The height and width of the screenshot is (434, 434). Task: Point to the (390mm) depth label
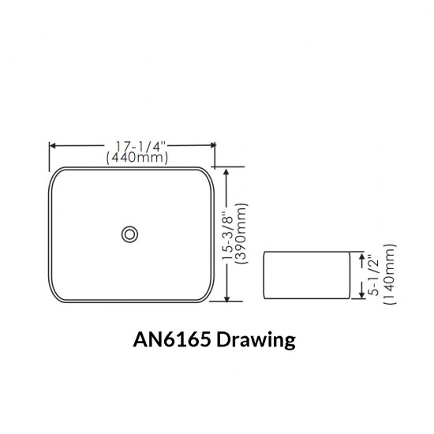[242, 234]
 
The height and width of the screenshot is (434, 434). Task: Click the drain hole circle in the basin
[129, 234]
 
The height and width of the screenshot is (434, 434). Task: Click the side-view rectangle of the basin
[305, 276]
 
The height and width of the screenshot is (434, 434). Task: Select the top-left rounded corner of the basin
[57, 174]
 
